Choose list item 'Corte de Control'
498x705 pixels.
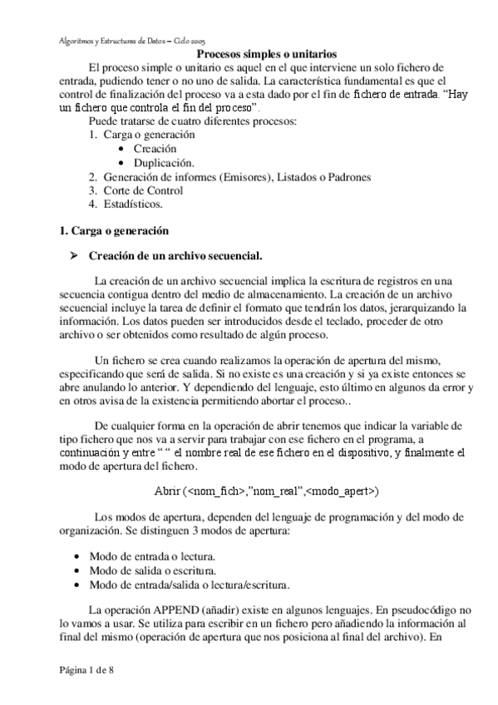[x=143, y=190]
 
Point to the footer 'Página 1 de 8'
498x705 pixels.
[x=86, y=670]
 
